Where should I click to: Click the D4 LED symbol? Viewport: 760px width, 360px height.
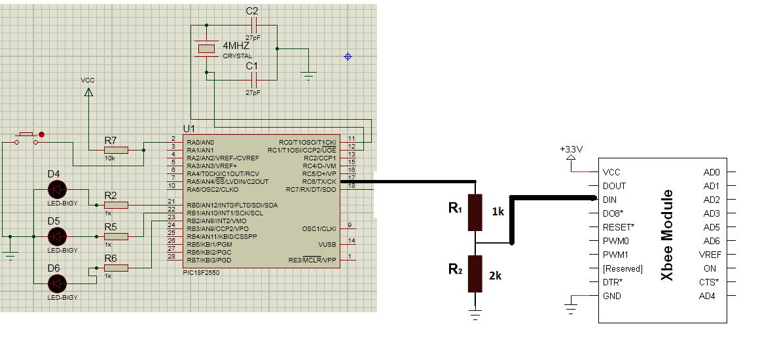tap(58, 190)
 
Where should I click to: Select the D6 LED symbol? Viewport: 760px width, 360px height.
tap(58, 283)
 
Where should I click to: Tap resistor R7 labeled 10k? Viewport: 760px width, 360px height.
tap(116, 150)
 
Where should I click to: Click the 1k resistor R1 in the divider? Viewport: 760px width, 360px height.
tap(475, 212)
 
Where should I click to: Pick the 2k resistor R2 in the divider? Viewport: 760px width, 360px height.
tap(475, 274)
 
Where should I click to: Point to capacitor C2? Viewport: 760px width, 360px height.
tap(253, 25)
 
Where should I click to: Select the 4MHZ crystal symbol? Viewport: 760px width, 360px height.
tap(206, 48)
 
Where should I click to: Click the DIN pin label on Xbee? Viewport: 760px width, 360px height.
tap(609, 200)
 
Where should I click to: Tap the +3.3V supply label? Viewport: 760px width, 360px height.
tap(571, 149)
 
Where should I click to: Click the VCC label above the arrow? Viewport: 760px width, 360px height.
tap(88, 81)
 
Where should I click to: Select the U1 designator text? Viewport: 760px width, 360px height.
tap(189, 129)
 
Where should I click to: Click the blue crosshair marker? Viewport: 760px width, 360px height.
tap(348, 57)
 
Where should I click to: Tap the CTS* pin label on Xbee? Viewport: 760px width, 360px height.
tap(709, 282)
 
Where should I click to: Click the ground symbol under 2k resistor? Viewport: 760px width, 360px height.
tap(475, 315)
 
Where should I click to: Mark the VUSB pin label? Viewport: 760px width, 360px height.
tap(327, 245)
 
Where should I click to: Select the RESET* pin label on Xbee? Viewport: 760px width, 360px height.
tap(619, 227)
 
